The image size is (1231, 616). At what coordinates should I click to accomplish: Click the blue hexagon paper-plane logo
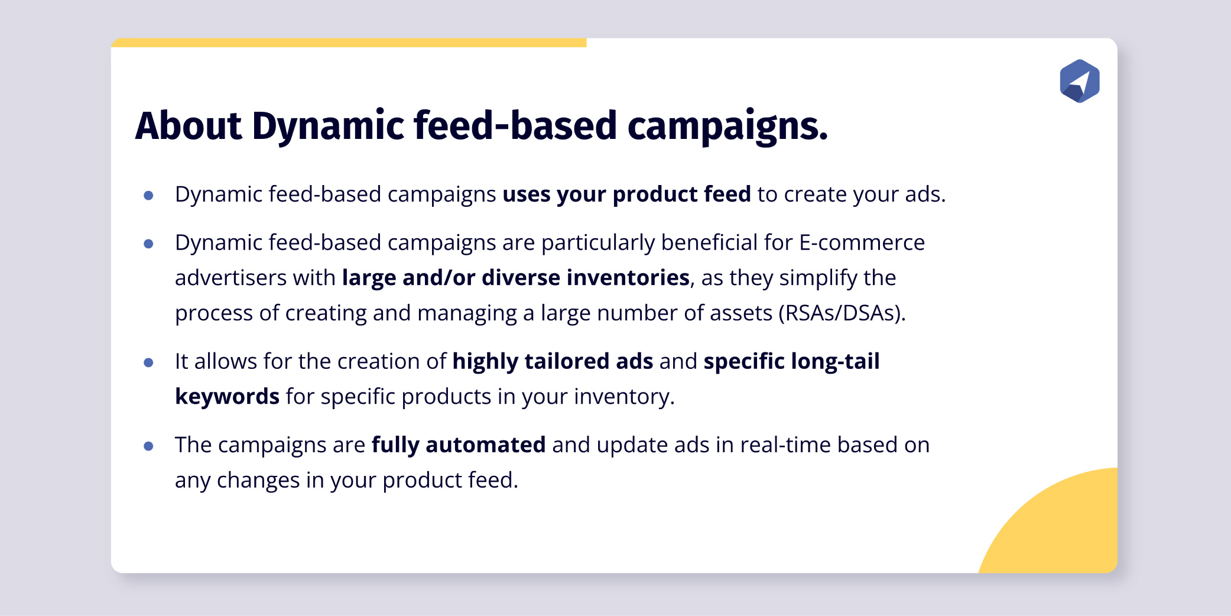point(1079,81)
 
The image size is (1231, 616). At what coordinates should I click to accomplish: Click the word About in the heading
point(188,126)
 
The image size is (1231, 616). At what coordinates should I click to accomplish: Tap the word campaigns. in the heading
point(727,126)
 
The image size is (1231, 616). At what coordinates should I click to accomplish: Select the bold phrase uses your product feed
point(626,194)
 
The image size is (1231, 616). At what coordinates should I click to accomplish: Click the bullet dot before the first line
point(148,195)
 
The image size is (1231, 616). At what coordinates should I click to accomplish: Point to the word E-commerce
point(862,243)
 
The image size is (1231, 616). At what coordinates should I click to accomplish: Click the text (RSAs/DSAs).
point(842,313)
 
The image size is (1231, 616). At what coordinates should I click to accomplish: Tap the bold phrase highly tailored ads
point(553,361)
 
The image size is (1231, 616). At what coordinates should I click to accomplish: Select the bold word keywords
point(227,397)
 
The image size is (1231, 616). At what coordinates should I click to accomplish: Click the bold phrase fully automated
point(458,445)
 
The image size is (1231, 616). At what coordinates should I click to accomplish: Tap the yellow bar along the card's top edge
point(349,43)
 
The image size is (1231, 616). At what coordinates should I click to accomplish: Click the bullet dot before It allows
point(148,362)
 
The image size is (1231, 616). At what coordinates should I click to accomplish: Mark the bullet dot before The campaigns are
point(148,446)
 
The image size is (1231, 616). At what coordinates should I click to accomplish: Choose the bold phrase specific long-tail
point(791,361)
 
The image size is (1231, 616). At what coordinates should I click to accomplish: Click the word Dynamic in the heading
point(328,126)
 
